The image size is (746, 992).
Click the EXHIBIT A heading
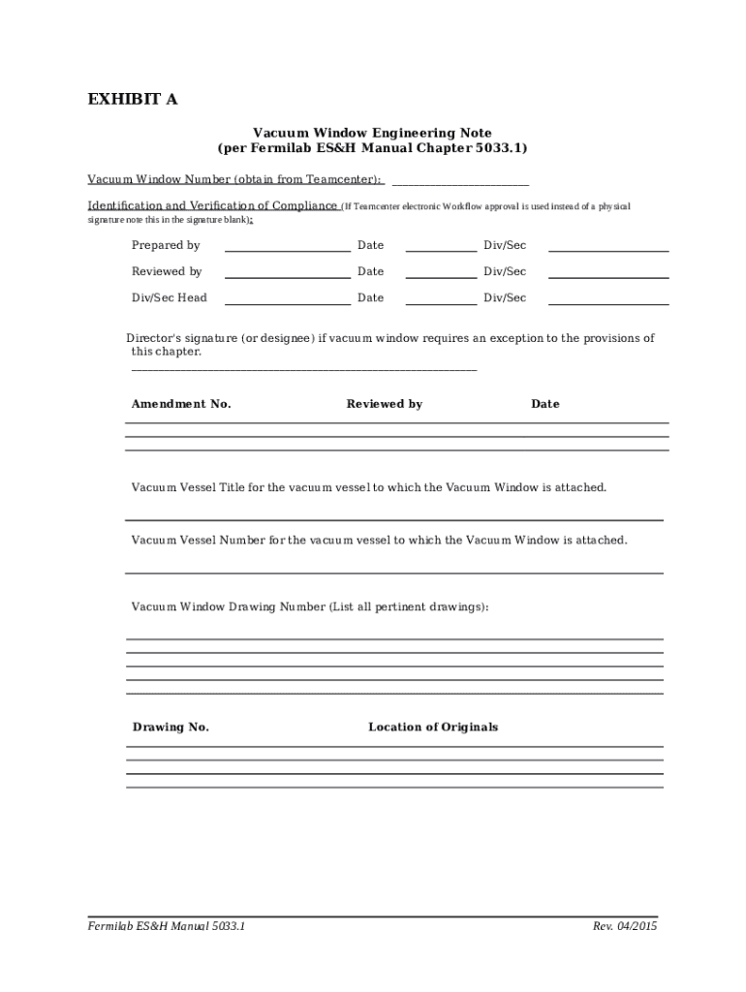(133, 100)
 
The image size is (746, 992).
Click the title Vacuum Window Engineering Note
(372, 133)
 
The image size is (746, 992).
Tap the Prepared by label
(166, 245)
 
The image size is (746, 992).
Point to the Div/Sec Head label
(170, 297)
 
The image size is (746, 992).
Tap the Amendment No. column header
(181, 404)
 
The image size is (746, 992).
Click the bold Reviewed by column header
(384, 404)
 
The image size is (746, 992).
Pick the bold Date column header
(544, 404)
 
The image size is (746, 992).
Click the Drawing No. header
(171, 727)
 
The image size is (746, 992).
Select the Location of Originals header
(433, 727)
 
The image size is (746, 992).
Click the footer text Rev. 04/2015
(625, 926)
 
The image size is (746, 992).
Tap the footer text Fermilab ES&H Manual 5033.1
(166, 926)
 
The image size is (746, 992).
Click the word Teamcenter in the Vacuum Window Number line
(342, 179)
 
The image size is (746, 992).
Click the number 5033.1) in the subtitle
(500, 148)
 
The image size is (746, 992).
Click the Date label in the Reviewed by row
(370, 271)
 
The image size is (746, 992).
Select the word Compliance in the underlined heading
(304, 205)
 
